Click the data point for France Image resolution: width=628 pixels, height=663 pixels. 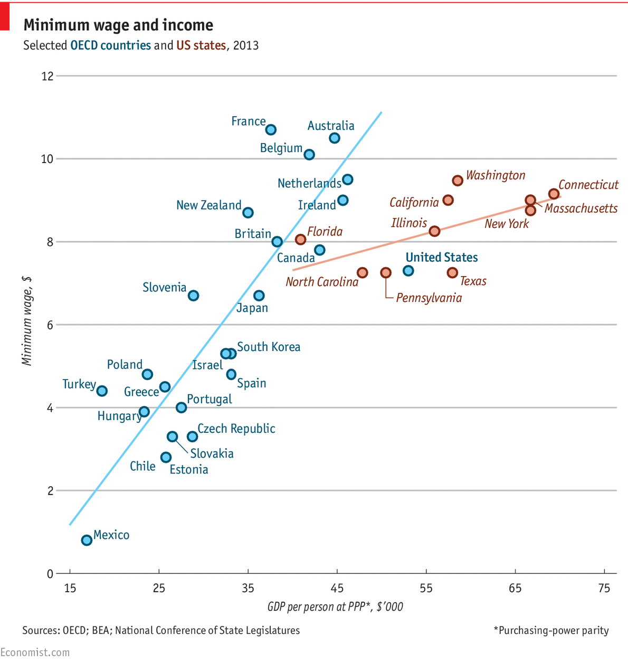point(271,129)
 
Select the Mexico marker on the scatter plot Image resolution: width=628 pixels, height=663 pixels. point(87,540)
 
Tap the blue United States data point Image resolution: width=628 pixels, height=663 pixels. point(408,271)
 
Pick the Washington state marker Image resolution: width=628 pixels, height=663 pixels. point(458,181)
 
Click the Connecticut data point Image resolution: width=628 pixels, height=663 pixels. point(554,194)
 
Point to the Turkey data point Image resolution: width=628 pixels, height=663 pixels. point(102,391)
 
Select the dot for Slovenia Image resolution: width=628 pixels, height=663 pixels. point(193,296)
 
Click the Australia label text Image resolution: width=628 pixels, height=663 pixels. point(331,126)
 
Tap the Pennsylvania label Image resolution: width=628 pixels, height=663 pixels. point(429,298)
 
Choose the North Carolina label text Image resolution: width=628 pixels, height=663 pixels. point(322,282)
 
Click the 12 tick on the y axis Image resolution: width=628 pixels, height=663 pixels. point(47,76)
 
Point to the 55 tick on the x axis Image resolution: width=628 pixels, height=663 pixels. point(426,588)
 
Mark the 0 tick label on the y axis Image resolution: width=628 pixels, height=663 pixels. point(50,574)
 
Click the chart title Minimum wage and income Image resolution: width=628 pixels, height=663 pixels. point(118,25)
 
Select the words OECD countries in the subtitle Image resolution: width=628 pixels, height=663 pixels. point(111,45)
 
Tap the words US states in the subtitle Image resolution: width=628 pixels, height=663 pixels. point(201,45)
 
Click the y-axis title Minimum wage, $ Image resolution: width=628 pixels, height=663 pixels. point(27,321)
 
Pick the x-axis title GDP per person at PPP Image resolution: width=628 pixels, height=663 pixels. point(335,607)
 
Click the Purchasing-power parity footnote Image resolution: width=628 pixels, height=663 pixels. point(551,630)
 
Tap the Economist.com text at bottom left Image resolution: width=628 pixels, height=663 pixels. point(35,652)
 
